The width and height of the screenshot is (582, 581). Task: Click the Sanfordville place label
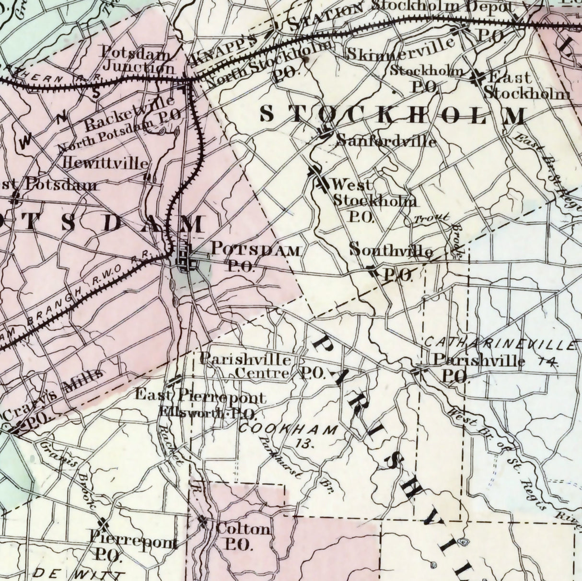click(386, 141)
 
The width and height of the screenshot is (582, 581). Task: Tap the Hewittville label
click(106, 163)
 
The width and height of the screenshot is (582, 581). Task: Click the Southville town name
click(391, 250)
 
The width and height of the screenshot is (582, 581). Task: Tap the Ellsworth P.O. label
click(209, 412)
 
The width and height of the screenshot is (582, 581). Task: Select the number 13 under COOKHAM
click(304, 443)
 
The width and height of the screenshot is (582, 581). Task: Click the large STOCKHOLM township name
click(393, 115)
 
